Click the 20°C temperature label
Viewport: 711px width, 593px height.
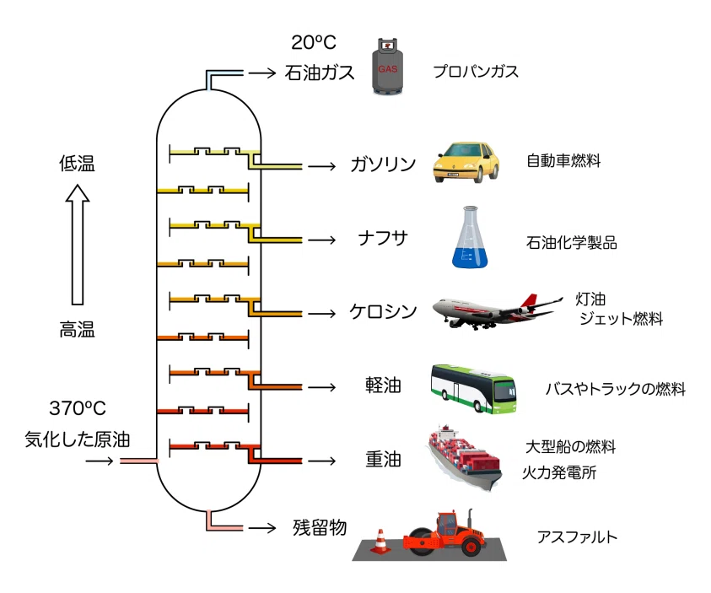(x=314, y=43)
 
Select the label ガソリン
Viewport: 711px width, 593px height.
(x=383, y=164)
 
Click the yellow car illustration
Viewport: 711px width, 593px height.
(x=466, y=162)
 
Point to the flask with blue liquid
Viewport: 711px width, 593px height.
(x=470, y=237)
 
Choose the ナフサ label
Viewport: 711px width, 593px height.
(x=383, y=238)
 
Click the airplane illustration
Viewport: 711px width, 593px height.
(x=497, y=311)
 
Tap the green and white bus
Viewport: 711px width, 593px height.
(x=473, y=389)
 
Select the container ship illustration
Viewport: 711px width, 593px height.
(x=464, y=458)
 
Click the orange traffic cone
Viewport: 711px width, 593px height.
(x=380, y=541)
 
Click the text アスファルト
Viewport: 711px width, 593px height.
(x=577, y=536)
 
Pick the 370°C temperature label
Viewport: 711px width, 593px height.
(x=78, y=408)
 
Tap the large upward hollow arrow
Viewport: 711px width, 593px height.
(x=78, y=245)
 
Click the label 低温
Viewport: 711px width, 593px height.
(x=77, y=164)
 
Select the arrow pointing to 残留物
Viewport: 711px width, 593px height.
(x=262, y=528)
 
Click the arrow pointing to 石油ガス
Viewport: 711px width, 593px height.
(x=262, y=73)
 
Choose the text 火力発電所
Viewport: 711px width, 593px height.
(x=559, y=472)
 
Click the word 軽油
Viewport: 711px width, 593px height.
(x=383, y=385)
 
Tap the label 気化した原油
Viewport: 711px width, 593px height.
(x=78, y=439)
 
